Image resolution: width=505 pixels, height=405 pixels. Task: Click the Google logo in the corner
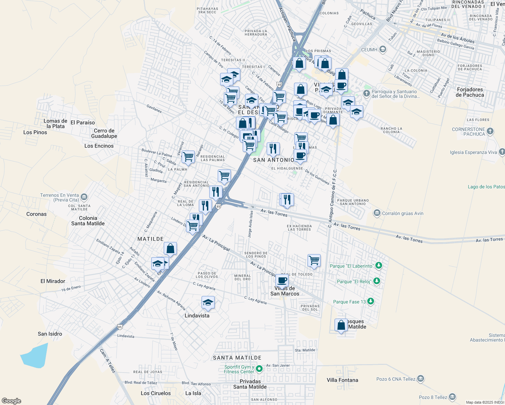(11, 401)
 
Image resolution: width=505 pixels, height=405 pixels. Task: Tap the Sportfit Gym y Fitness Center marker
(259, 369)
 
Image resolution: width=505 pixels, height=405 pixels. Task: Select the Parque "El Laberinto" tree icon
(379, 266)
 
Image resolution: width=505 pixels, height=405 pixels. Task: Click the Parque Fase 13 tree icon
(371, 301)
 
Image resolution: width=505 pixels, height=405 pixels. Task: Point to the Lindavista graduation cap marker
(208, 302)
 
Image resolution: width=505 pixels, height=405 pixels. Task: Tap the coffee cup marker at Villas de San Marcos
(282, 280)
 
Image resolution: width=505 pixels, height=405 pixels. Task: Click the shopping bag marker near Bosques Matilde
(341, 325)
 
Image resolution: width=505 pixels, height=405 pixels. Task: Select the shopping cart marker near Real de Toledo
(314, 260)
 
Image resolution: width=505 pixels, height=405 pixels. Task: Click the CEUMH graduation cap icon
(382, 49)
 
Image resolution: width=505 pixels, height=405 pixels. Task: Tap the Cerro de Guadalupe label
(104, 133)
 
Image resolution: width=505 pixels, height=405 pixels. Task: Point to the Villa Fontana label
(342, 380)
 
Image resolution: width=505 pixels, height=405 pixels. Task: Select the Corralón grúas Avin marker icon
(377, 213)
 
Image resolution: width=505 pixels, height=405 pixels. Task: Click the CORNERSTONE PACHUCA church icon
(490, 131)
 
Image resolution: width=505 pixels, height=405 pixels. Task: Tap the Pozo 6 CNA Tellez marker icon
(420, 379)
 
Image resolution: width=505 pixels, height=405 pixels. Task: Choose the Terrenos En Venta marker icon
(84, 197)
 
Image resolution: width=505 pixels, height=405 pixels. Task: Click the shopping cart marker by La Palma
(188, 156)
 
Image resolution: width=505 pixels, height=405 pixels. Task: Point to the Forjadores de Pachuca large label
(470, 92)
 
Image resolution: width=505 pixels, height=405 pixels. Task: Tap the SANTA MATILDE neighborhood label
(237, 358)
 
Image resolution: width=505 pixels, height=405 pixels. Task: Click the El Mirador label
(53, 281)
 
